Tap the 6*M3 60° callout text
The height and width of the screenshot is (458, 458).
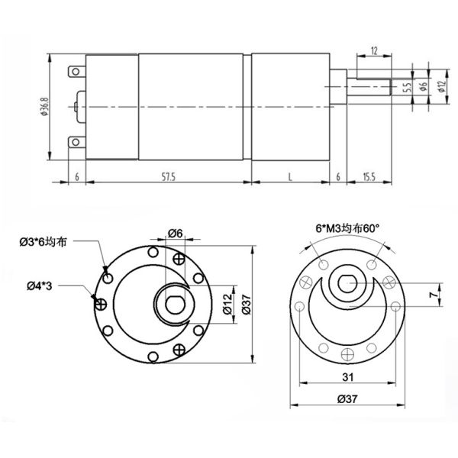point(347,228)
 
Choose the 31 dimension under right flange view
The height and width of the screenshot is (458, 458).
point(347,378)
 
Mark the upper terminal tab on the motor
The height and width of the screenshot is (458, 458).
point(76,73)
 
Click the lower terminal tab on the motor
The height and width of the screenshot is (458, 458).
point(76,142)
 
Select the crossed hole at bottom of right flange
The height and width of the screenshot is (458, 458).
point(347,353)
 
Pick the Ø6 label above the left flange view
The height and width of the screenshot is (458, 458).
point(174,234)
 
